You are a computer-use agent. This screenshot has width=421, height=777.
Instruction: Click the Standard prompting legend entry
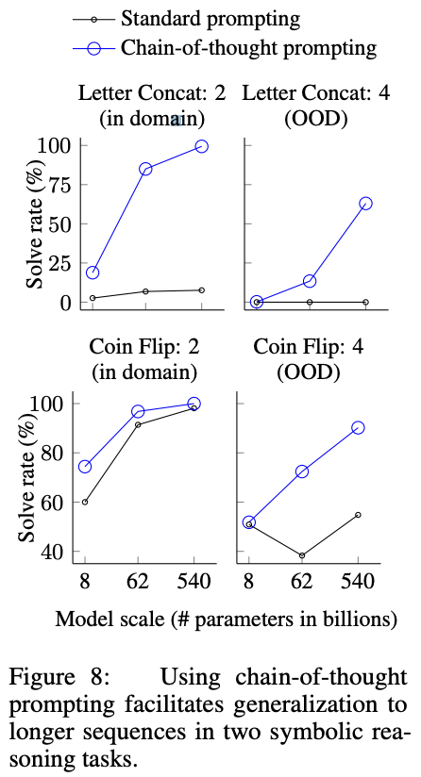(x=187, y=19)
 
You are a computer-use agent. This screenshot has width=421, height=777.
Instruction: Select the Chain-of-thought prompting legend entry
(x=225, y=47)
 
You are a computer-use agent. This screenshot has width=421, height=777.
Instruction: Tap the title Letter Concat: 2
(x=152, y=93)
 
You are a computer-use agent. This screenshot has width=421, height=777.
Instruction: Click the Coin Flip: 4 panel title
(x=309, y=347)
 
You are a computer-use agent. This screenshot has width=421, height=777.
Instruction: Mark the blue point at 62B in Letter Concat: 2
(x=145, y=169)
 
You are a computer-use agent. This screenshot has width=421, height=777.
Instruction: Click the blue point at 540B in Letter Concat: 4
(x=365, y=204)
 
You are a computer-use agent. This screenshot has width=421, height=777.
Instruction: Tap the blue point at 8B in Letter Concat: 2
(x=93, y=273)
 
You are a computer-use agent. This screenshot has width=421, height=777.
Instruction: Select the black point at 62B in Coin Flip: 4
(x=302, y=555)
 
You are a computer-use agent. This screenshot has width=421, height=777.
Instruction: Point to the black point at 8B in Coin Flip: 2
(x=85, y=502)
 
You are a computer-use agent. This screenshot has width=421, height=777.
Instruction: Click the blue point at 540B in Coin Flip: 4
(x=358, y=428)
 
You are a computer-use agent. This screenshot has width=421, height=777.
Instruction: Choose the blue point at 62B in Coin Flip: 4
(x=302, y=471)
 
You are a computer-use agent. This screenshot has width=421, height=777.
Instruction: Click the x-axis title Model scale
(x=226, y=620)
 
